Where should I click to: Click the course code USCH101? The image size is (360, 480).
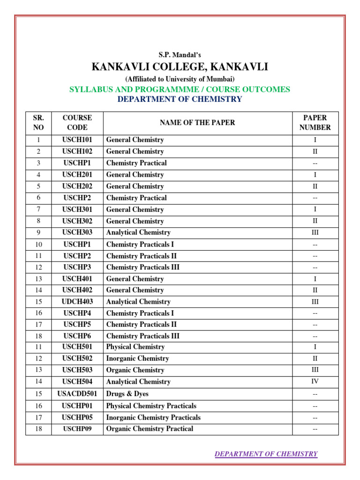[x=77, y=140]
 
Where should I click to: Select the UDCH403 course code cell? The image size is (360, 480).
[x=77, y=302]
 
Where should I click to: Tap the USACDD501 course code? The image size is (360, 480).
[x=77, y=394]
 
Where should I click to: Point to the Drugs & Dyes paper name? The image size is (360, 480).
[x=127, y=394]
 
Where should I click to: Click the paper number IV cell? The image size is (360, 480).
[x=315, y=382]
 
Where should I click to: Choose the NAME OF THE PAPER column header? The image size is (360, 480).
[x=197, y=123]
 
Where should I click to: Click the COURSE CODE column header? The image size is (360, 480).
[x=77, y=122]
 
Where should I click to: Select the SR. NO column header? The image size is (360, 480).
[x=38, y=122]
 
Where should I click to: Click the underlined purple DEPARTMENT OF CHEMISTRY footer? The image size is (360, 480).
[x=266, y=454]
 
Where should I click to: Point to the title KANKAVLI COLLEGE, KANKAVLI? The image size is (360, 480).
[x=180, y=67]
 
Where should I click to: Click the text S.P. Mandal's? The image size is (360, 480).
[x=180, y=55]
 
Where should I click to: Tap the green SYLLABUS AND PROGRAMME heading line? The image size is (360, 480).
[x=180, y=89]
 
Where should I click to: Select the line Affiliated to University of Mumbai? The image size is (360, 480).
[x=180, y=79]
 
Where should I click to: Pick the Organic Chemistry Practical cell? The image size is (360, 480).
[x=150, y=429]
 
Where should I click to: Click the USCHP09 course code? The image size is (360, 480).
[x=77, y=429]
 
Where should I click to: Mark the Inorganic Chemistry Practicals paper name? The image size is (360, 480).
[x=153, y=417]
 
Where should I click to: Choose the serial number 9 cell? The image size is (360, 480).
[x=38, y=232]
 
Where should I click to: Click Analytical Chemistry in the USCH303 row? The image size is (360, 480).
[x=138, y=232]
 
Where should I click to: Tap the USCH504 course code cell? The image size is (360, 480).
[x=77, y=382]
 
